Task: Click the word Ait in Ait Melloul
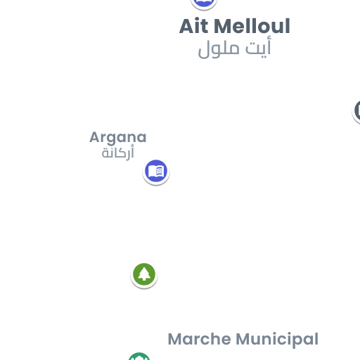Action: [193, 26]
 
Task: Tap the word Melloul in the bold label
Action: [252, 26]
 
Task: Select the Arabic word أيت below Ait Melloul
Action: [258, 47]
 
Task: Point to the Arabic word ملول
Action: [219, 49]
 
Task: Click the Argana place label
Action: [118, 138]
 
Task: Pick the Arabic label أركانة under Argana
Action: [118, 153]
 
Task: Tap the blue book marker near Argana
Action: [156, 172]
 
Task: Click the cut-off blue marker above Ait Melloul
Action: [204, 4]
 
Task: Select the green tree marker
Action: [144, 275]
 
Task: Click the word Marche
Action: [200, 339]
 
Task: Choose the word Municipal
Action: [277, 340]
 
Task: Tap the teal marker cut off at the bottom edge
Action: [139, 356]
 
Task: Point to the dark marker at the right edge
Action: [356, 112]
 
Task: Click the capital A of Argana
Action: [95, 137]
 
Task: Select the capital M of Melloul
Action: [223, 26]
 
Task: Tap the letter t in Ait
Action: [204, 27]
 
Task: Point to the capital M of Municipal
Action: [244, 339]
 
